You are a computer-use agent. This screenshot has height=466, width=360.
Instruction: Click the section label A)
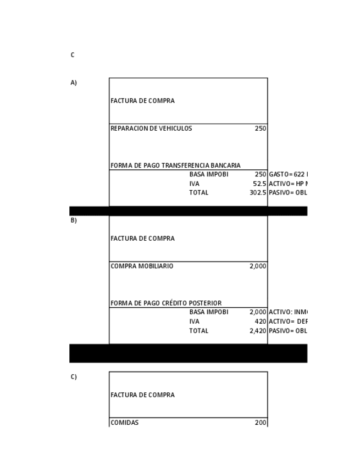click(x=74, y=83)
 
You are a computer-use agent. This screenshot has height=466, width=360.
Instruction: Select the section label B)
click(x=74, y=220)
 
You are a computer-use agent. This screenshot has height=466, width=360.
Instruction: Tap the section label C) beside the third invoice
click(x=74, y=377)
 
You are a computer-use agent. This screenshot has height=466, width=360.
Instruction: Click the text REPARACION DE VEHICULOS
click(x=151, y=129)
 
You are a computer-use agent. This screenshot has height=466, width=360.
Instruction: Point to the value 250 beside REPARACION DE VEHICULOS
click(x=261, y=129)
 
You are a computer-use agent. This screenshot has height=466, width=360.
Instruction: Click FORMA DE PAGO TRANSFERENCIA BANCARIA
click(x=175, y=165)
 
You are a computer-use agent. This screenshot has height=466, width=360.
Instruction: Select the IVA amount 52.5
click(x=259, y=184)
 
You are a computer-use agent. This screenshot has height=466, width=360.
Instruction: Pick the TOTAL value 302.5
click(x=258, y=193)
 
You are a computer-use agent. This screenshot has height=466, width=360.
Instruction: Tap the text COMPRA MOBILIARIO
click(x=142, y=266)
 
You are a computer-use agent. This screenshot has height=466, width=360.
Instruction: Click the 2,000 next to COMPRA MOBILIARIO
click(x=258, y=266)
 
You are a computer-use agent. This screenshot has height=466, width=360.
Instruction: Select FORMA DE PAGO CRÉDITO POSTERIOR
click(x=166, y=303)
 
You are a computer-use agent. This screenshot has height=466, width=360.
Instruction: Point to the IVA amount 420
click(x=261, y=321)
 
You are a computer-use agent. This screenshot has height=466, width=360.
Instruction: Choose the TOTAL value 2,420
click(x=258, y=331)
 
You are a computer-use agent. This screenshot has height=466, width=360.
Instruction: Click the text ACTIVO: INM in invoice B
click(x=287, y=312)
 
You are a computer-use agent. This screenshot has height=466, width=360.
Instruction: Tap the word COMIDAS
click(x=125, y=423)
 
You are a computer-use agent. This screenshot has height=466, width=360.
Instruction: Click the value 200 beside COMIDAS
click(x=261, y=423)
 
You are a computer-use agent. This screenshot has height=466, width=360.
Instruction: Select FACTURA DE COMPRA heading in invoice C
click(x=142, y=395)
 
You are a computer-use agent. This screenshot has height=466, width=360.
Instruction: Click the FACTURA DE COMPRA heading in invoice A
click(x=142, y=101)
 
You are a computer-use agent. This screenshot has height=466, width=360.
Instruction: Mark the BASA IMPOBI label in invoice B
click(x=208, y=312)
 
